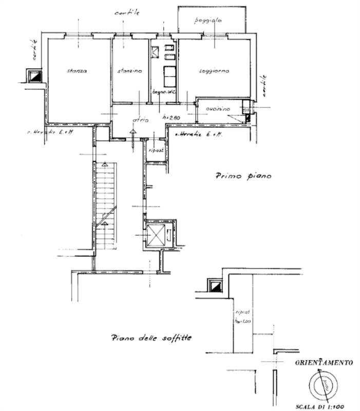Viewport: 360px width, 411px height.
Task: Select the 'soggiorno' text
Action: point(214,71)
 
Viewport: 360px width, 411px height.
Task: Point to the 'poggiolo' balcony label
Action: point(207,21)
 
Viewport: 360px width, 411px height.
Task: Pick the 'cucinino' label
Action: point(217,109)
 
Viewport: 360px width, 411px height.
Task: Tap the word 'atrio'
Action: point(140,120)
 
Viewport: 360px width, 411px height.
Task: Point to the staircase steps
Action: point(106,206)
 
